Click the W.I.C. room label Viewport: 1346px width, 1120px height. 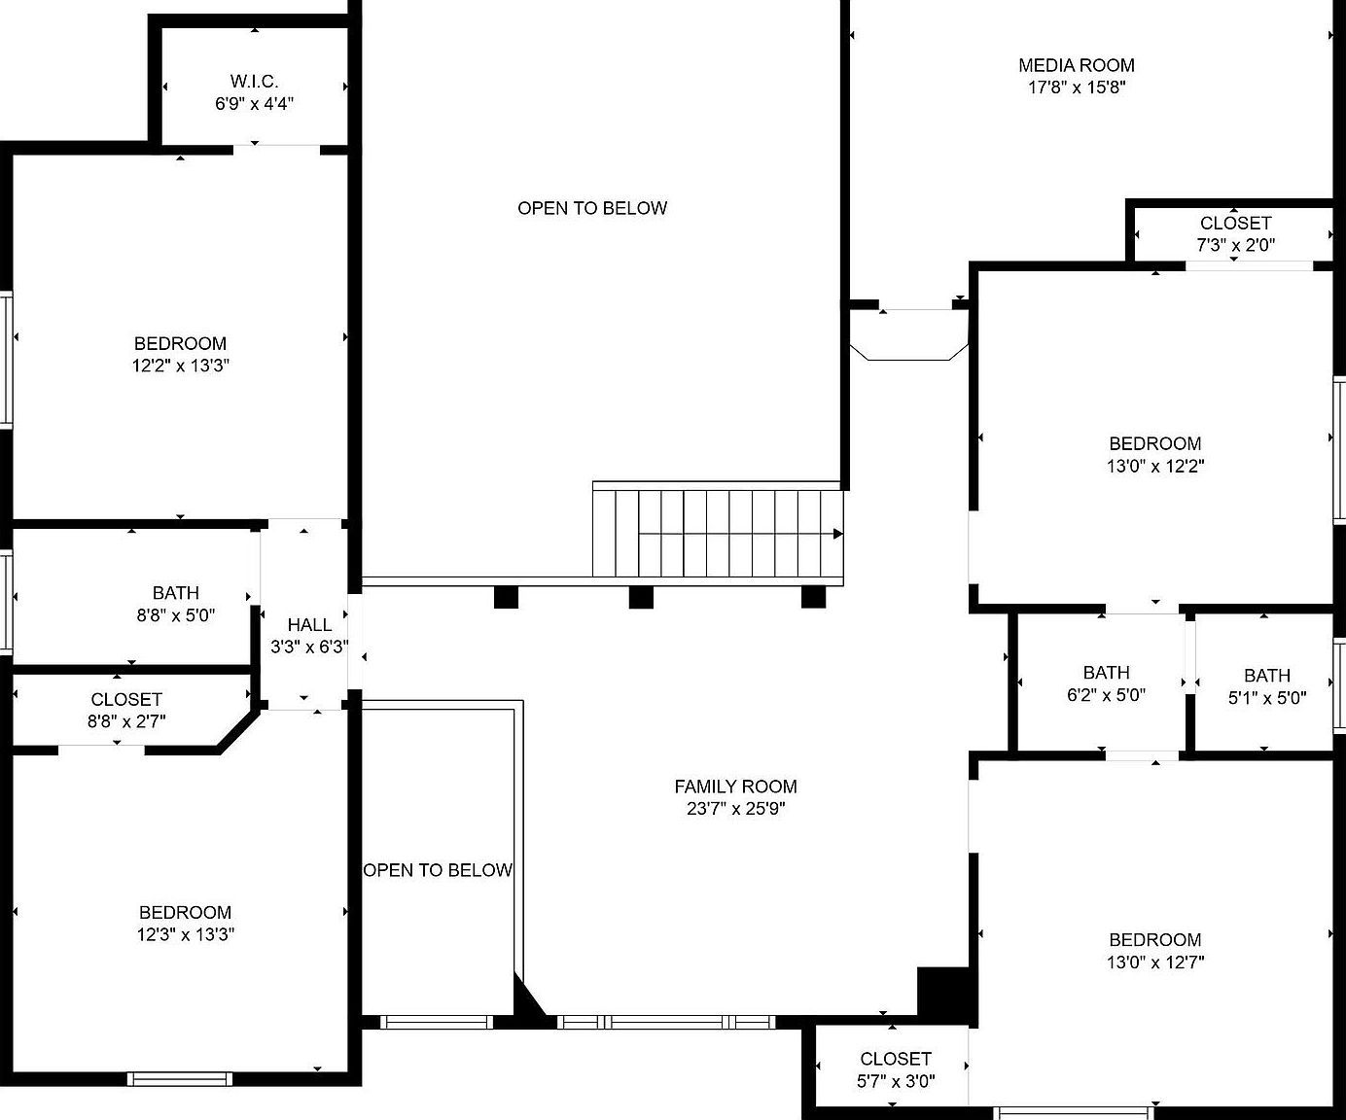click(x=254, y=82)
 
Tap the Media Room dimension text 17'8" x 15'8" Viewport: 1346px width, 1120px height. click(x=1076, y=87)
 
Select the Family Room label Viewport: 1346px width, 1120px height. click(x=735, y=787)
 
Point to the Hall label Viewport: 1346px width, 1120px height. click(x=309, y=624)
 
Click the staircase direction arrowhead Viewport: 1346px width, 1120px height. click(x=838, y=534)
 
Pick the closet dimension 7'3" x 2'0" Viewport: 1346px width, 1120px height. click(x=1235, y=245)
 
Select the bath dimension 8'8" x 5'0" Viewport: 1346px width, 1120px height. click(x=175, y=614)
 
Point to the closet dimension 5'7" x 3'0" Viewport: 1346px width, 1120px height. click(x=896, y=1081)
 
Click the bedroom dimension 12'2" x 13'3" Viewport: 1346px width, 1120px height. click(x=181, y=366)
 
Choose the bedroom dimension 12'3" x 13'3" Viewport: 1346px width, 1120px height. click(x=185, y=933)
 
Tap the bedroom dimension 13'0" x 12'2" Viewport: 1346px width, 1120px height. click(x=1155, y=466)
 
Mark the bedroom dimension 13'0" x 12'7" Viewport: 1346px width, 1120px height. click(x=1155, y=962)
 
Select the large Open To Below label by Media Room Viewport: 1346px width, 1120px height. click(x=591, y=208)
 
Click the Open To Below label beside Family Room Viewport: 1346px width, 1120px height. click(x=438, y=870)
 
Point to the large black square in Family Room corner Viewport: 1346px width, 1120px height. click(x=943, y=993)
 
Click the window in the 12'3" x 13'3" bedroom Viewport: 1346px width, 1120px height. click(x=179, y=1079)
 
